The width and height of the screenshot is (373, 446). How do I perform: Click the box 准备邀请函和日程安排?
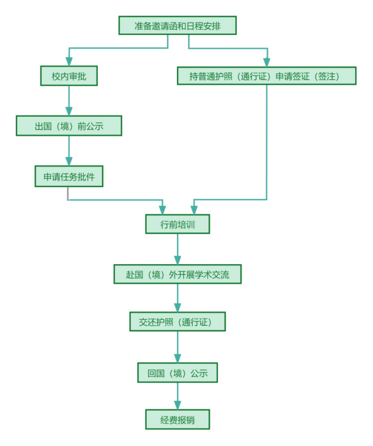pos(178,25)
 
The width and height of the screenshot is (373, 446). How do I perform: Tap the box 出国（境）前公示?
pos(69,126)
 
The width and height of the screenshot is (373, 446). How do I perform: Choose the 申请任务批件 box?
pos(69,176)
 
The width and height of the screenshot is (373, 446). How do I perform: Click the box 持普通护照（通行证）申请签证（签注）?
pos(266,76)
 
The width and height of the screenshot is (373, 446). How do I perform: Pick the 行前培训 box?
pos(177,224)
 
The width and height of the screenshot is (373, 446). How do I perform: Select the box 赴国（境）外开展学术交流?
pos(177,274)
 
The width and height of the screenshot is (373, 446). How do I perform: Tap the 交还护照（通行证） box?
pos(178,322)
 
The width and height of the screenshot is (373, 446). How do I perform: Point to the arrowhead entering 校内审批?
pos(69,61)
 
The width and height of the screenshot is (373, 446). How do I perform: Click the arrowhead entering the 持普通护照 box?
pos(266,62)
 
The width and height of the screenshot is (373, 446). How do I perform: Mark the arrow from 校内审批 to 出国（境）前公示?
pos(69,101)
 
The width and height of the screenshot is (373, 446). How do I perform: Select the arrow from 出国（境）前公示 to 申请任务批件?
pos(69,151)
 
